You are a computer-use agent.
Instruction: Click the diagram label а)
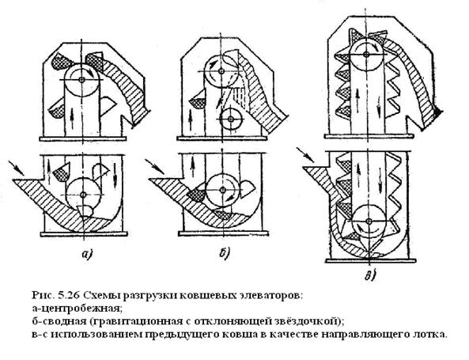tap(86, 254)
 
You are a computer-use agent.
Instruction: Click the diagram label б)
tap(224, 253)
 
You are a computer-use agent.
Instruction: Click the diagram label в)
tap(369, 275)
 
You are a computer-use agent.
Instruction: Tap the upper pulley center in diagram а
tap(81, 80)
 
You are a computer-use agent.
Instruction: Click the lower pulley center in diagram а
tap(83, 195)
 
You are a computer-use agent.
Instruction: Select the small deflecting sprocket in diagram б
tap(231, 119)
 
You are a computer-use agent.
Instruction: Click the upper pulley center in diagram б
tap(221, 71)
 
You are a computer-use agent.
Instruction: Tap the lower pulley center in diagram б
tap(222, 190)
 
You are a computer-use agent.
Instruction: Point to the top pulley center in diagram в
tap(365, 54)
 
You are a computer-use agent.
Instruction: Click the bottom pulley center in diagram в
tap(369, 221)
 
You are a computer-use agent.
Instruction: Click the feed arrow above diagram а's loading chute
tap(16, 169)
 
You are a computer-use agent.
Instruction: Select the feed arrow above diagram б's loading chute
tap(155, 166)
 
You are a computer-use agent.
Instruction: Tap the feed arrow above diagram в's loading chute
tap(305, 154)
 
